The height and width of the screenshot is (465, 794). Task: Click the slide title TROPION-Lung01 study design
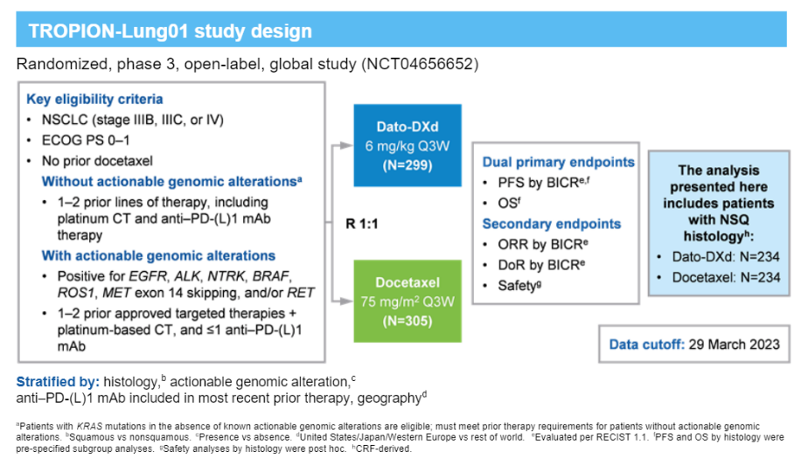pyautogui.click(x=170, y=32)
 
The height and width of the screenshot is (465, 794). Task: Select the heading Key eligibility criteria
pyautogui.click(x=94, y=99)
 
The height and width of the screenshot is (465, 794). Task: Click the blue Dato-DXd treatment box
pyautogui.click(x=407, y=144)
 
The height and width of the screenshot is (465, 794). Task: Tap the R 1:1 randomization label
pyautogui.click(x=365, y=223)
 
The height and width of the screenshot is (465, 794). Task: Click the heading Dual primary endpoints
pyautogui.click(x=558, y=162)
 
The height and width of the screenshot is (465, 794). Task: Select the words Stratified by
pyautogui.click(x=58, y=382)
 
